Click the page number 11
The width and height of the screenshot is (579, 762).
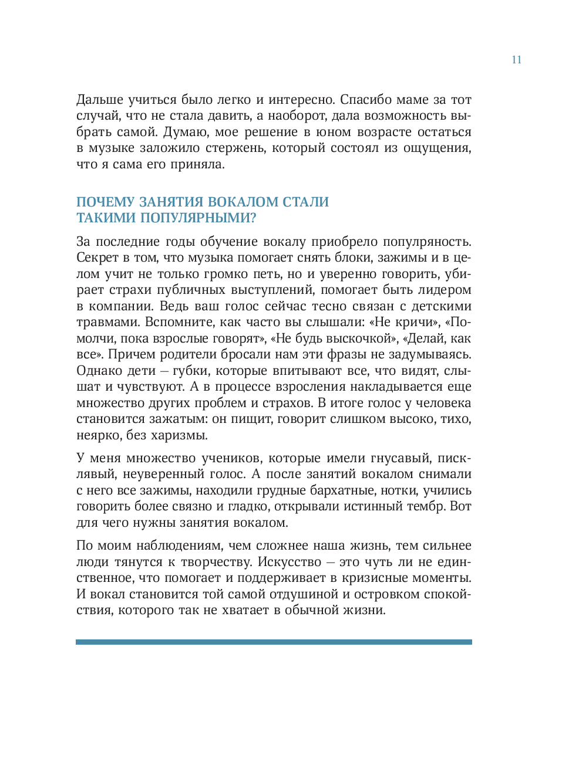516,60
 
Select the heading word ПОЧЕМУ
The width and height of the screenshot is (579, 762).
105,202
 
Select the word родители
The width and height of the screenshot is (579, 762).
187,354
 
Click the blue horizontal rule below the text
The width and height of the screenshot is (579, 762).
274,642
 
